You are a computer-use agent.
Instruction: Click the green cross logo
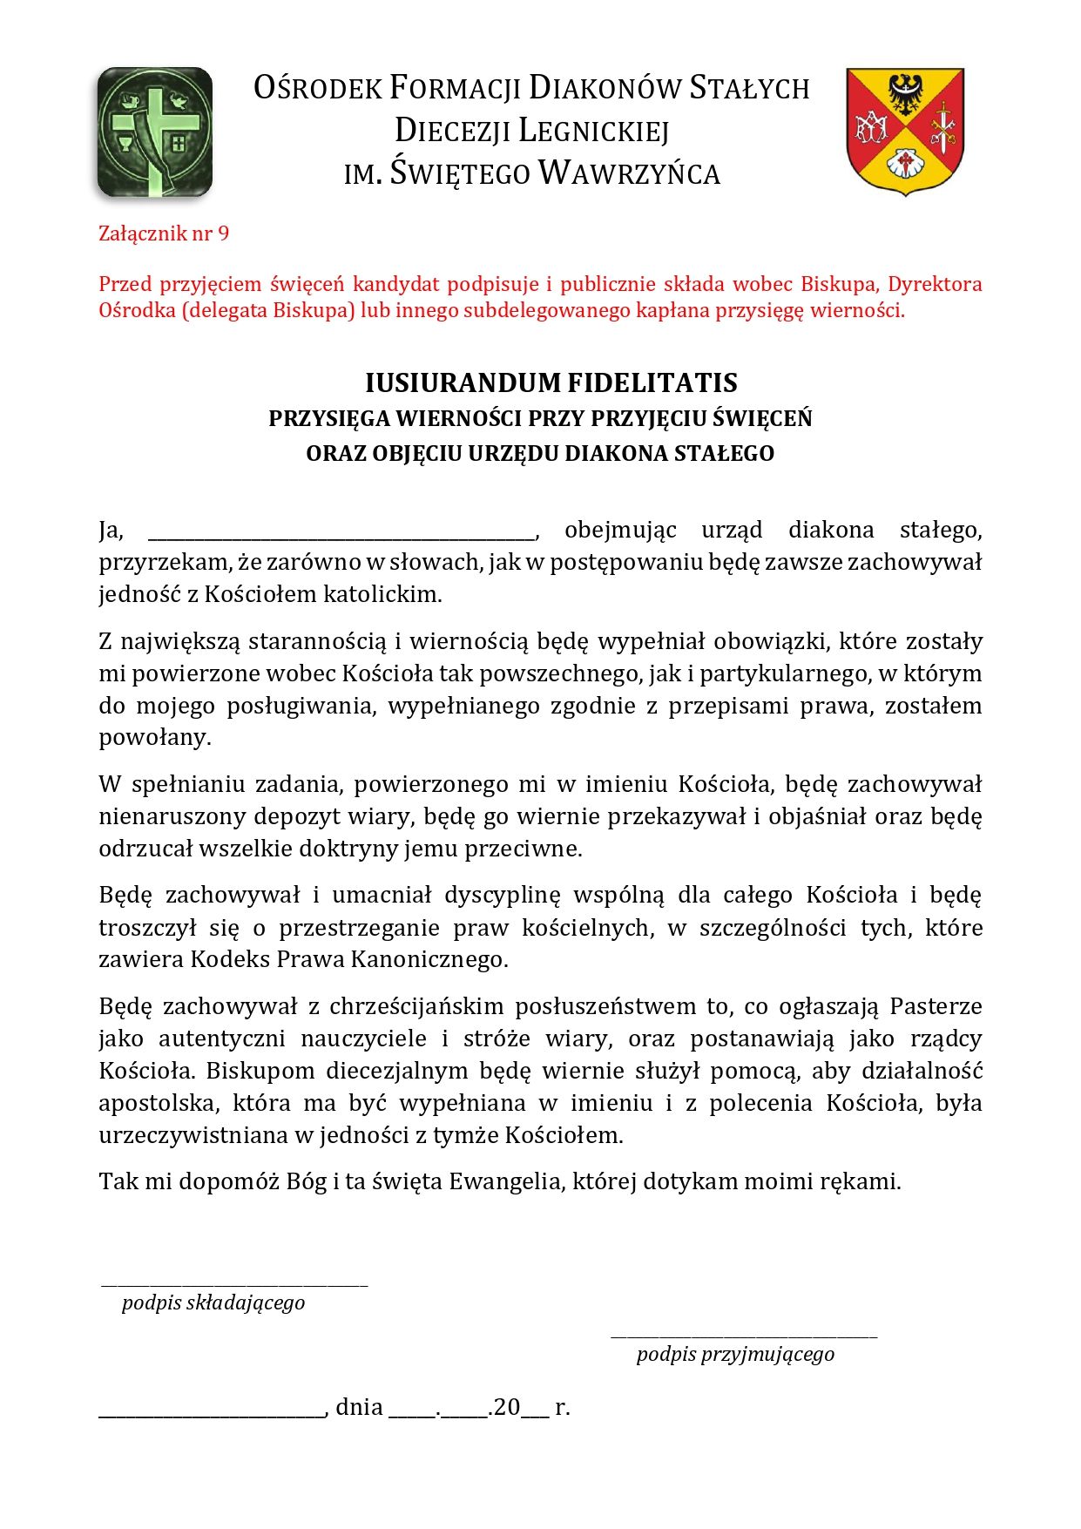(x=155, y=132)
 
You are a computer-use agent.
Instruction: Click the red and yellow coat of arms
(x=905, y=130)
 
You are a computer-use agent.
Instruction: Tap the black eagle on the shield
(x=905, y=92)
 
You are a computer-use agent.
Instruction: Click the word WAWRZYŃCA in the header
(x=629, y=173)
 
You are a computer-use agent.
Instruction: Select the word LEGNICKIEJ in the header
(x=594, y=131)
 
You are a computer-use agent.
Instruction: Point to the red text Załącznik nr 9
(x=164, y=233)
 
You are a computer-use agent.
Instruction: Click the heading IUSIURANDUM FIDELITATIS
(x=551, y=382)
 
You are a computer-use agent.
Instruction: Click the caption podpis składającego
(x=213, y=1303)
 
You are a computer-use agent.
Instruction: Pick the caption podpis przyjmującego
(x=735, y=1355)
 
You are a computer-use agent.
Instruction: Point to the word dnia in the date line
(x=359, y=1407)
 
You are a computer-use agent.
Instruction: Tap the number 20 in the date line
(x=507, y=1407)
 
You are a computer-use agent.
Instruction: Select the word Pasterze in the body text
(x=936, y=1006)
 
